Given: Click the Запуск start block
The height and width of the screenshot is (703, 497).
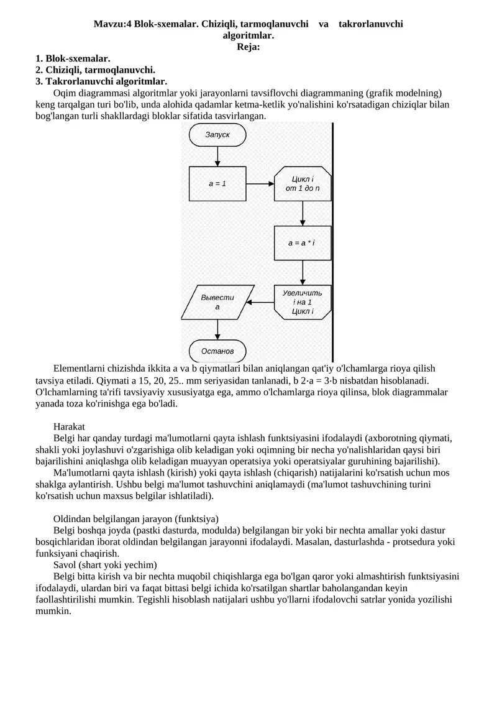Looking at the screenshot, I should (217, 134).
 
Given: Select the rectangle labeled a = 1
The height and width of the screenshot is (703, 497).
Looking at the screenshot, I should (217, 183).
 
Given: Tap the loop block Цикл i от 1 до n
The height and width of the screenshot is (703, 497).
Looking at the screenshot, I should (303, 183).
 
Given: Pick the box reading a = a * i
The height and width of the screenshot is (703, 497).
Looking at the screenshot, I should (303, 242).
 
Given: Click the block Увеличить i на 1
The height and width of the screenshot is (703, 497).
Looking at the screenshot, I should (303, 302).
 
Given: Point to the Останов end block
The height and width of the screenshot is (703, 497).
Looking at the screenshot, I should (217, 351).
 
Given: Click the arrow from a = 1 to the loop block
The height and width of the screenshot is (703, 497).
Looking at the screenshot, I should (260, 183).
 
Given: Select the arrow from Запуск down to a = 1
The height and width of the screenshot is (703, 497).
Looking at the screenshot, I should (217, 156).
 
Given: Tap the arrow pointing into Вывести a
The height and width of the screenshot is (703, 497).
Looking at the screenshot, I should (261, 303).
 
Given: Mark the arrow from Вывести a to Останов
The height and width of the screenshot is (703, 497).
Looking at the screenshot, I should (217, 329).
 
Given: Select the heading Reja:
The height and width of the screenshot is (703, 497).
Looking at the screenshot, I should (248, 47).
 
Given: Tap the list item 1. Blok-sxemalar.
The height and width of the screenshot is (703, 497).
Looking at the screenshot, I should (73, 58).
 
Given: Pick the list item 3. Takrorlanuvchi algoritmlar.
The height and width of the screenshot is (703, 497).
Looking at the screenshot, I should (101, 81).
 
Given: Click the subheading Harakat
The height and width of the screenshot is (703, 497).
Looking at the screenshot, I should (69, 426).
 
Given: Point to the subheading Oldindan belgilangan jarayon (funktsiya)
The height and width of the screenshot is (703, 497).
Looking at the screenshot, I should (136, 518).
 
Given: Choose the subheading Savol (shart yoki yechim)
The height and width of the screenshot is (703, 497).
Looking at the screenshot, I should (106, 564).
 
